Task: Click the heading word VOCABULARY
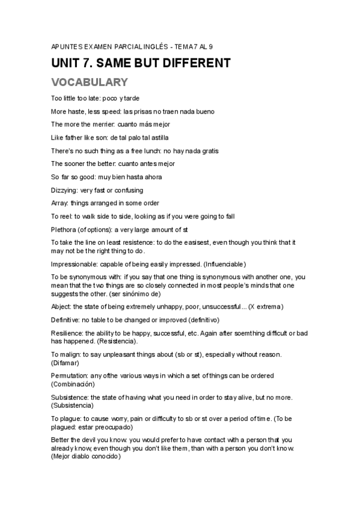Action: click(x=89, y=82)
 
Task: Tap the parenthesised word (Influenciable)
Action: click(x=225, y=264)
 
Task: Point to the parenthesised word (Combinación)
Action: click(x=73, y=383)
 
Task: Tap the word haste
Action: click(x=76, y=111)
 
